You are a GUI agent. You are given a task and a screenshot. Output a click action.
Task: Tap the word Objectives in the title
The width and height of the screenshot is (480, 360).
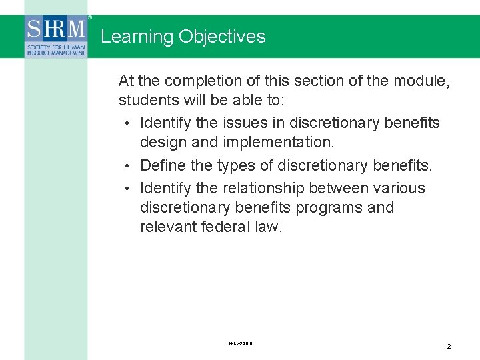222,37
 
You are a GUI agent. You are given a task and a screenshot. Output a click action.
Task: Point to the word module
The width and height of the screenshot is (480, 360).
422,81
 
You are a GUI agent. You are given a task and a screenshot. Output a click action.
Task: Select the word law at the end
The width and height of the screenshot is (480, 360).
269,227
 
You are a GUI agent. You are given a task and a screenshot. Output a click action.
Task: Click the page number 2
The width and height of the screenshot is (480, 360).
449,346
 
